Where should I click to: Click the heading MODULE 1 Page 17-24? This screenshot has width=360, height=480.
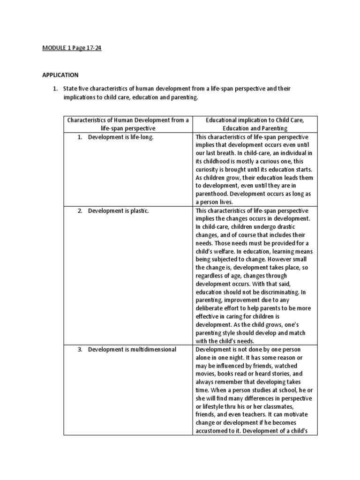pos(72,48)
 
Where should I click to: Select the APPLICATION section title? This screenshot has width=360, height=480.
pos(60,75)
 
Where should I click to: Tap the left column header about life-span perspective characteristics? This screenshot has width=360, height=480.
pos(128,124)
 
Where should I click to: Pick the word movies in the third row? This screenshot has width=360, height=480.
pos(206,374)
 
